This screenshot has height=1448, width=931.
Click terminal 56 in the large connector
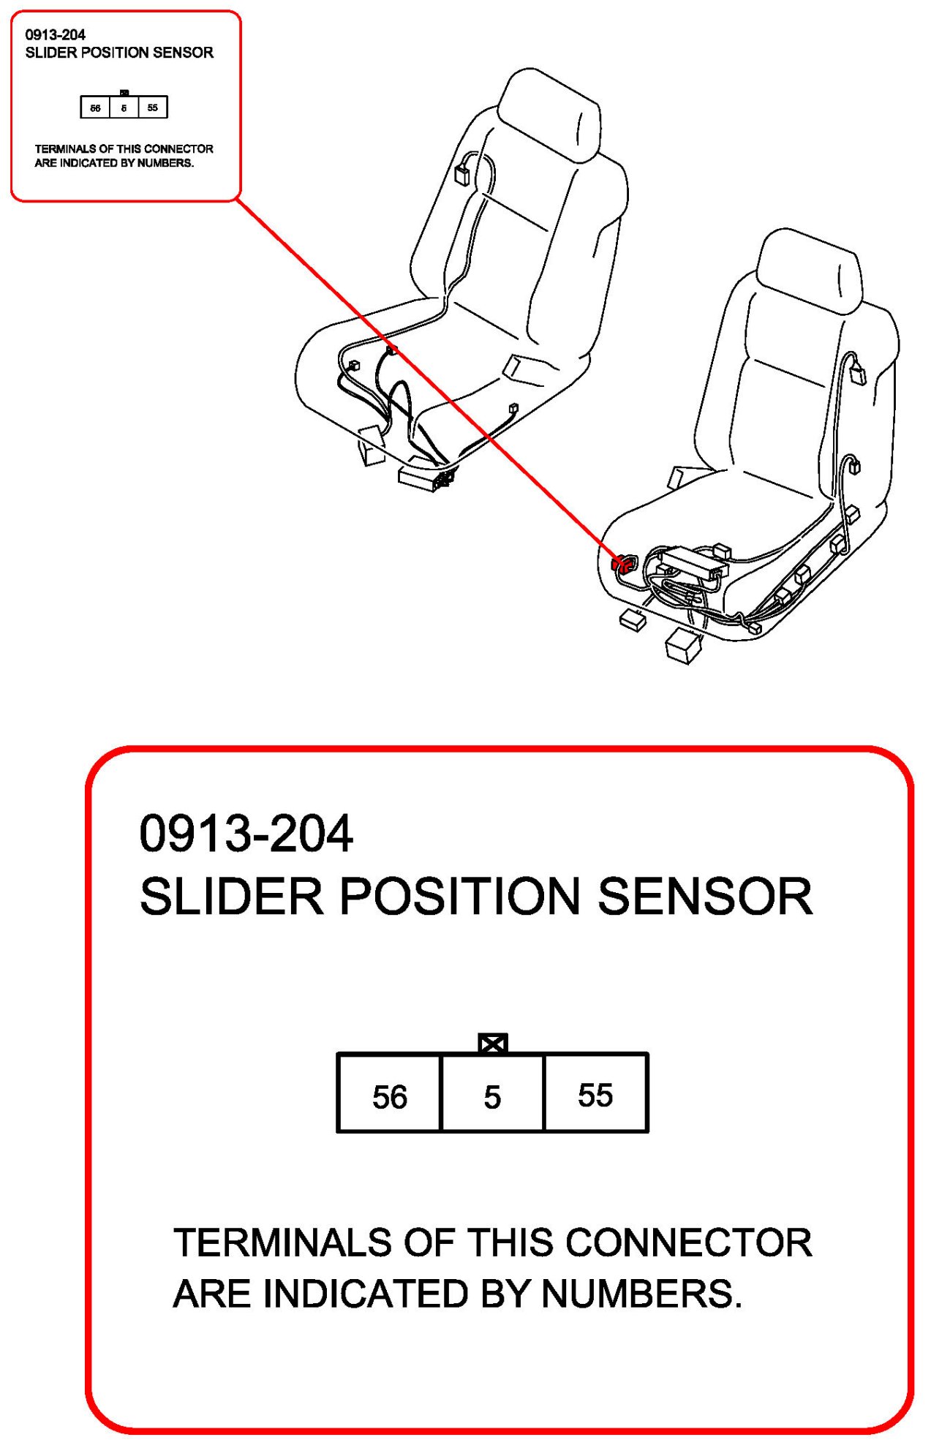pyautogui.click(x=389, y=1093)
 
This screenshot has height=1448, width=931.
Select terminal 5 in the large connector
pyautogui.click(x=493, y=1093)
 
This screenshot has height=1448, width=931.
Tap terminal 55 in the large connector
pyautogui.click(x=596, y=1093)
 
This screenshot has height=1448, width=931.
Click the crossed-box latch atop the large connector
pyautogui.click(x=493, y=1044)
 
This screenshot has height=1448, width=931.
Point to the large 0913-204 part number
pyautogui.click(x=246, y=834)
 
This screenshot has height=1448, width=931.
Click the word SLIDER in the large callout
pyautogui.click(x=232, y=897)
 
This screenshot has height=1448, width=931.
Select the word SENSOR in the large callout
pyautogui.click(x=706, y=897)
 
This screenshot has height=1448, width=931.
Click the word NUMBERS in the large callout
pyautogui.click(x=641, y=1294)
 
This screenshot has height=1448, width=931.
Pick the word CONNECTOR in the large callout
pyautogui.click(x=689, y=1243)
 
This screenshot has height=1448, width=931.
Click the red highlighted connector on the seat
pyautogui.click(x=622, y=563)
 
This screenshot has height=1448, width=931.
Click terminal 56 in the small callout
pyautogui.click(x=95, y=108)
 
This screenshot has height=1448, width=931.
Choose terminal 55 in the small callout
pyautogui.click(x=153, y=108)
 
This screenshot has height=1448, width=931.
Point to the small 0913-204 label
pyautogui.click(x=56, y=34)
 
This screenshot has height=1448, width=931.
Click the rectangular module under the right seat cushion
pyautogui.click(x=690, y=562)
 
